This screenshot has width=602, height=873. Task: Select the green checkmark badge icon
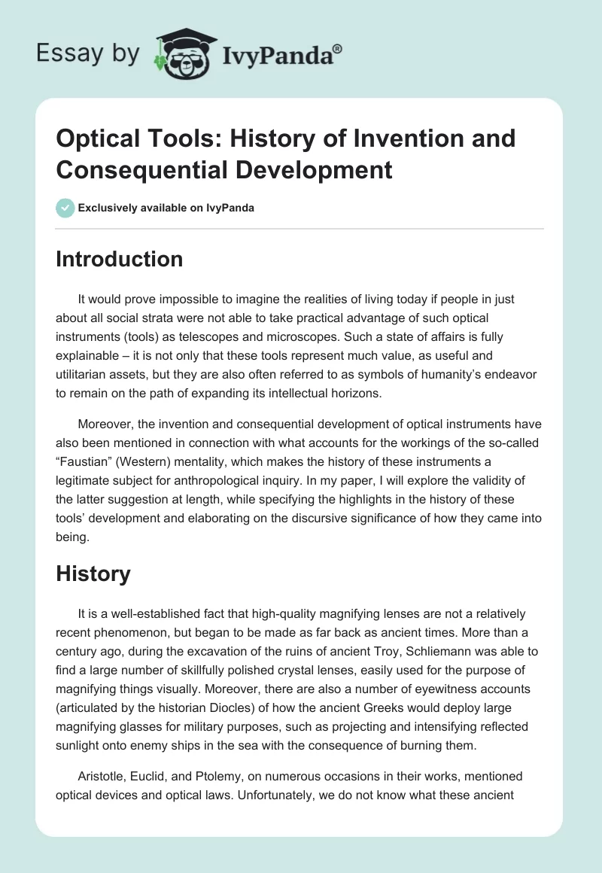coord(65,208)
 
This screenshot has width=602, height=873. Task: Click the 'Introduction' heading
coord(120,259)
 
